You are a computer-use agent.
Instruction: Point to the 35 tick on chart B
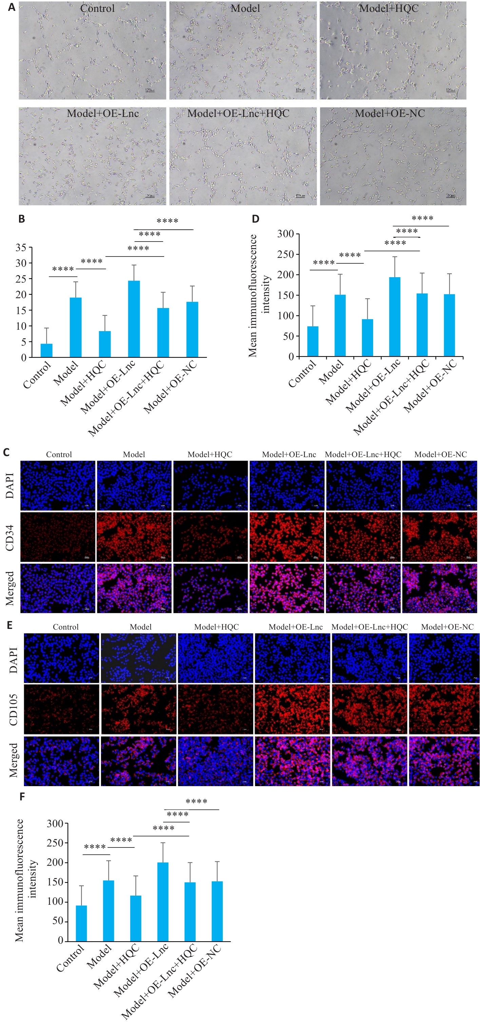(x=21, y=248)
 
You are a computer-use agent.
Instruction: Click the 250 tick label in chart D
(x=286, y=254)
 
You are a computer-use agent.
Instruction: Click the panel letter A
(x=12, y=7)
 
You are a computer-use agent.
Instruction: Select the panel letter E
(x=9, y=625)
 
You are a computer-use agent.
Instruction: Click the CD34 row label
(x=9, y=537)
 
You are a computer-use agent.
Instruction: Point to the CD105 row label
(x=13, y=710)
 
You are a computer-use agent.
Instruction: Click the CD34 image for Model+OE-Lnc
(x=287, y=537)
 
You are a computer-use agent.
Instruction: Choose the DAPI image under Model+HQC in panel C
(x=210, y=485)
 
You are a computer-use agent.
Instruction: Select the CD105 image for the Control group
(x=61, y=709)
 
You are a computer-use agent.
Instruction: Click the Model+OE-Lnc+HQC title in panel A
(x=238, y=114)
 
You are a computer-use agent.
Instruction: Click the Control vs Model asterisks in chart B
(x=63, y=269)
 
